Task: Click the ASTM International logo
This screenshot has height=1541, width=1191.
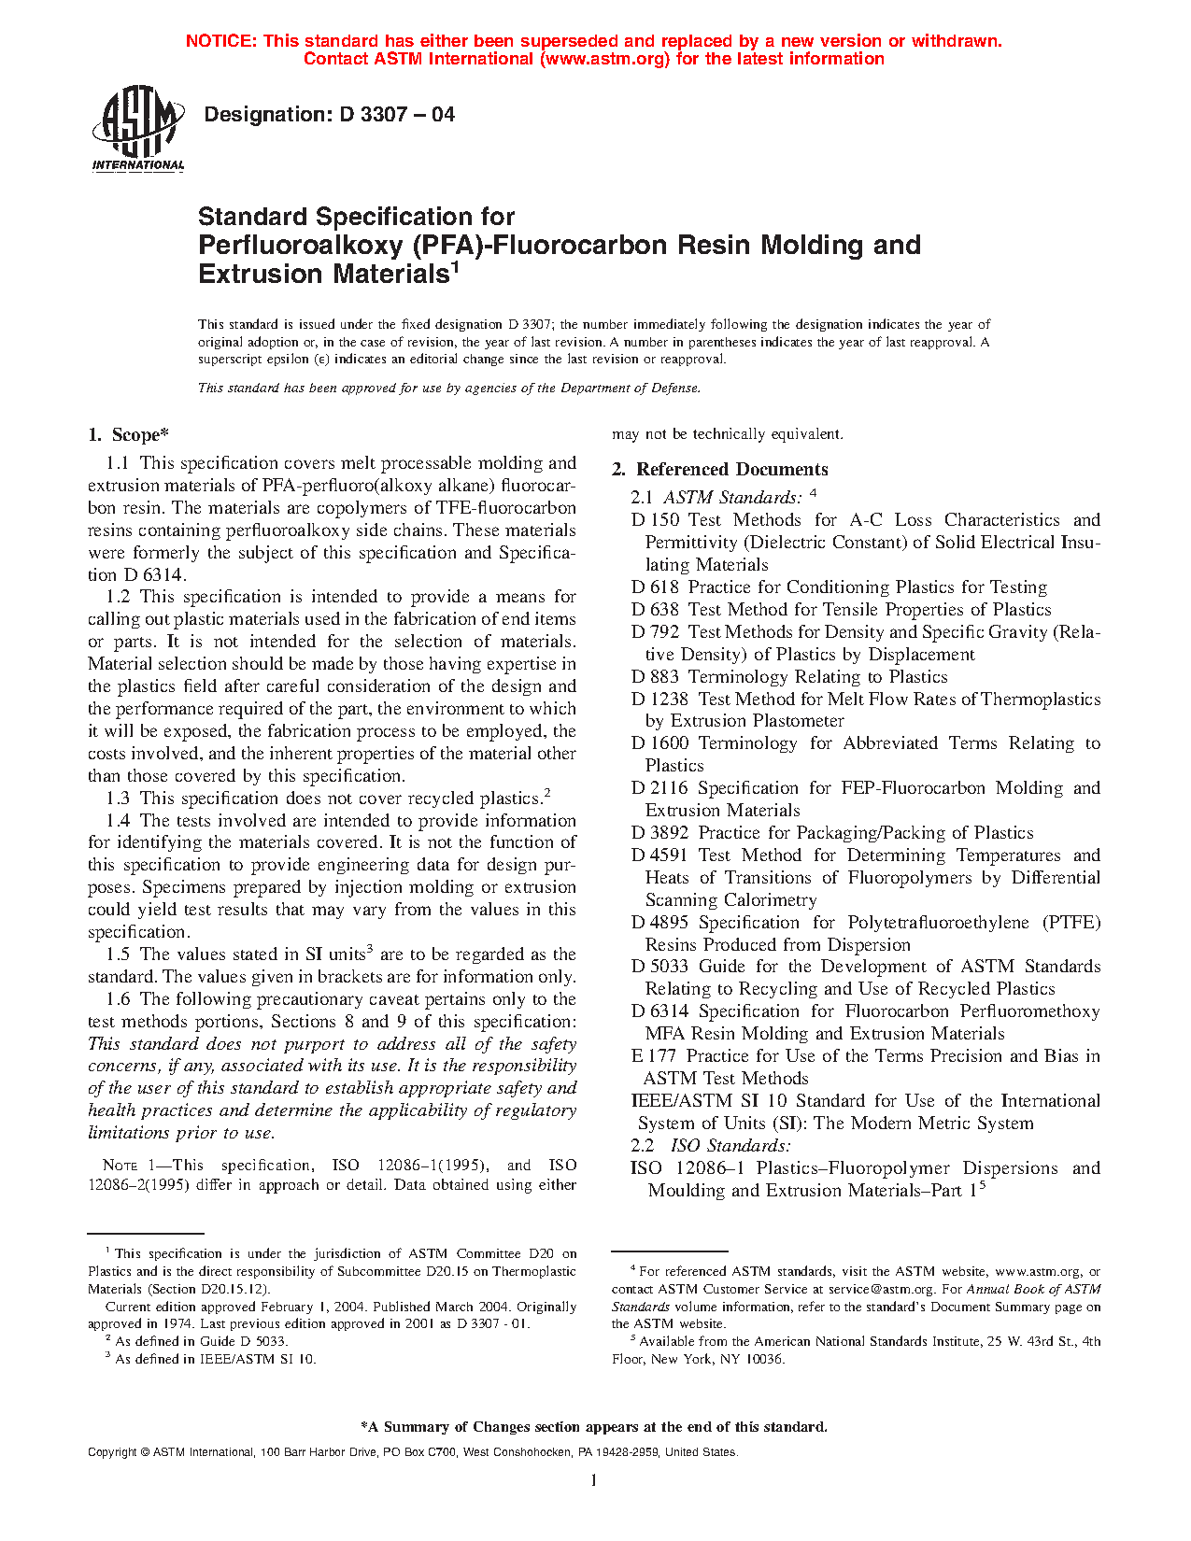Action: [x=137, y=129]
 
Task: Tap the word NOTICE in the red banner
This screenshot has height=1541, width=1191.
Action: [x=220, y=41]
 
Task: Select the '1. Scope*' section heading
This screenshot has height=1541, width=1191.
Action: [x=128, y=434]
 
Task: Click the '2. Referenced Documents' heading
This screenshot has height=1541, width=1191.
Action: [x=719, y=469]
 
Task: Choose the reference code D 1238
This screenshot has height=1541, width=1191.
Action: [x=659, y=699]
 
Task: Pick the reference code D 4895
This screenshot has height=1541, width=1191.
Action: [x=659, y=922]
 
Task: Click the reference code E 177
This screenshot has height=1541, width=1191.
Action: [x=654, y=1055]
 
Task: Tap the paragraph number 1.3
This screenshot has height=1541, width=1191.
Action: [x=118, y=798]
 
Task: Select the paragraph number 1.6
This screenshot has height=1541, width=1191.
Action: [x=118, y=998]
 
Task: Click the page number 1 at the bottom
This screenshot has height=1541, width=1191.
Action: [x=594, y=1480]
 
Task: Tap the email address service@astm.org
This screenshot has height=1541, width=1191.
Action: [x=882, y=1289]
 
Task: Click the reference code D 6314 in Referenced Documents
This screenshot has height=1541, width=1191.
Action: [x=659, y=1011]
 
